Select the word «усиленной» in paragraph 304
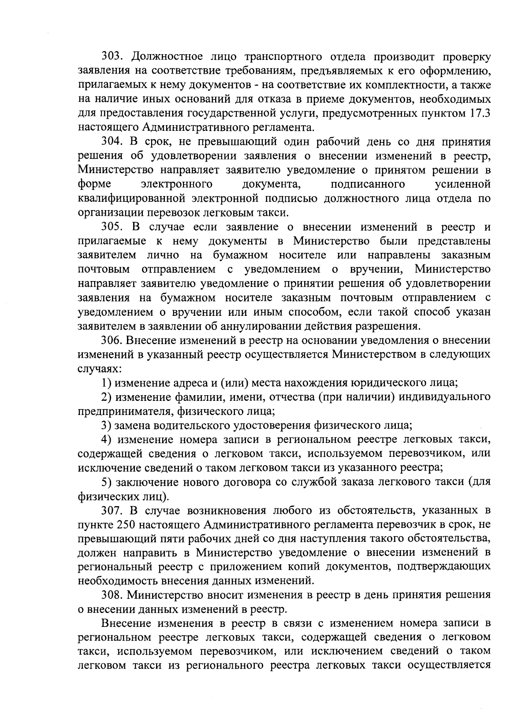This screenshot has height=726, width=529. (x=463, y=185)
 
